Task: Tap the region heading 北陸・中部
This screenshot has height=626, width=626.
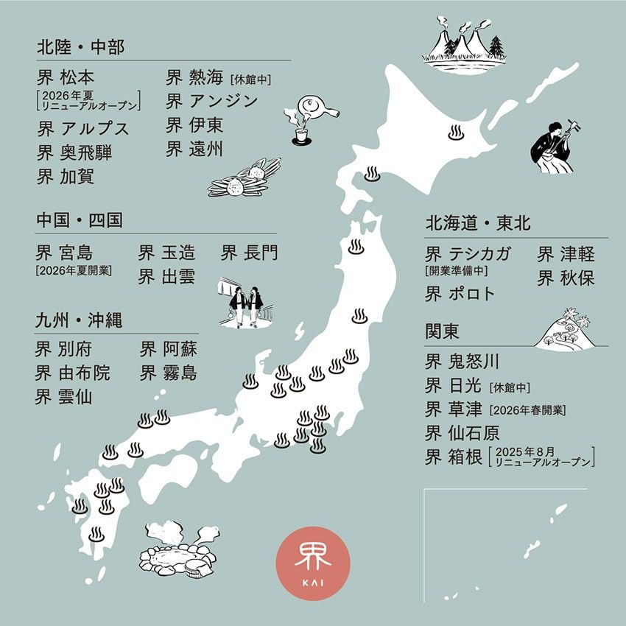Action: [x=80, y=47]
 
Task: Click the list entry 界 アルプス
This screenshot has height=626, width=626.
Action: [x=82, y=128]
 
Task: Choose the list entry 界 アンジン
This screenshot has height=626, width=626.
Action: [x=211, y=101]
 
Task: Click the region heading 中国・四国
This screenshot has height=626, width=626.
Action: [x=79, y=220]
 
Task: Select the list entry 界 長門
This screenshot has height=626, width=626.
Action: [x=250, y=253]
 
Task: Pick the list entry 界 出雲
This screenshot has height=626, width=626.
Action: [x=167, y=277]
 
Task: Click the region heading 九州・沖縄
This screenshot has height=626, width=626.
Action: [x=79, y=321]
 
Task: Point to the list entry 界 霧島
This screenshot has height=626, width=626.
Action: [x=169, y=372]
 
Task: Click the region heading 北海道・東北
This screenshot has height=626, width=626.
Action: [x=477, y=222]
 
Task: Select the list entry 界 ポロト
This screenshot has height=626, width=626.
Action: [x=460, y=293]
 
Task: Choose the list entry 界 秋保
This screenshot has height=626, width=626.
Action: [x=566, y=278]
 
